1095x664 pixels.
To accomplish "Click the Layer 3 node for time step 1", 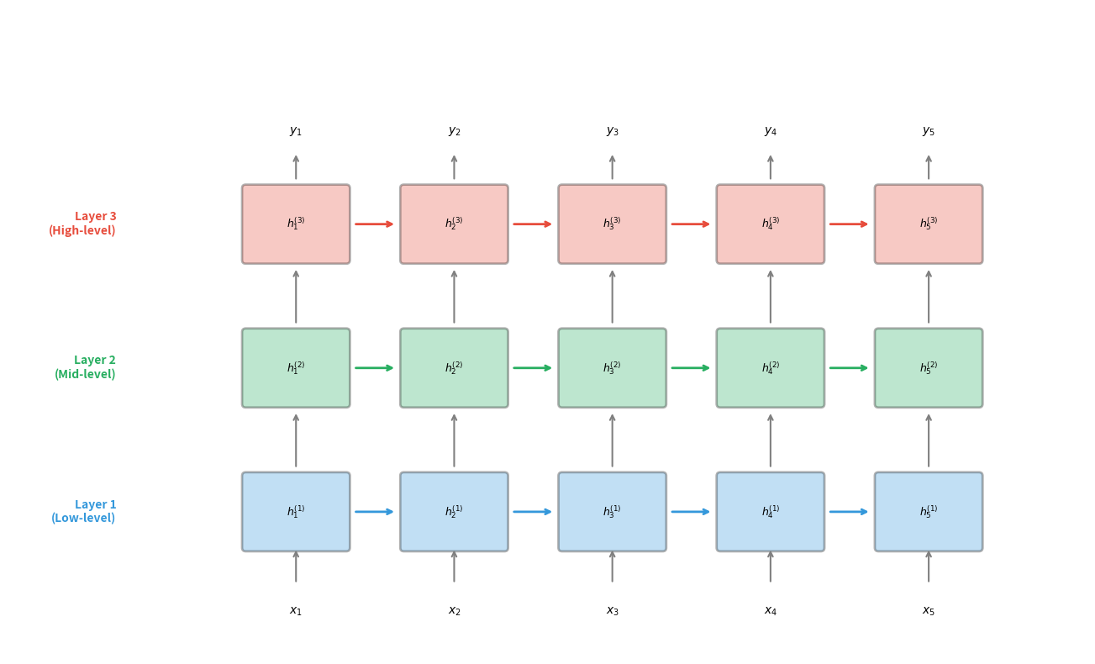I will point(296,224).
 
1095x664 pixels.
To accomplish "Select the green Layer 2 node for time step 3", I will point(612,368).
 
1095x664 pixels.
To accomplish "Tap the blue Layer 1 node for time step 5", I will point(928,512).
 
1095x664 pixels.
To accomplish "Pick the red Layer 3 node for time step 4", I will point(770,224).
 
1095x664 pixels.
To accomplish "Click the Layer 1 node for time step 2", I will point(454,512).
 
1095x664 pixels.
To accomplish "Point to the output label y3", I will point(612,131).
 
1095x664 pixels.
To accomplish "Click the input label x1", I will point(296,611).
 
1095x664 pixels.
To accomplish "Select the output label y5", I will point(928,131).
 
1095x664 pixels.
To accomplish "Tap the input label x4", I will point(770,611).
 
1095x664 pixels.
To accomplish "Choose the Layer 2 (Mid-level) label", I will point(85,367).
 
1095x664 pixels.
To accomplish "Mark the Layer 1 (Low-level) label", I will point(83,511).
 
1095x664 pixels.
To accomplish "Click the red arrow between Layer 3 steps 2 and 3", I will point(533,224).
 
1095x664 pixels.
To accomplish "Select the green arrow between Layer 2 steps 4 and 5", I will point(849,368).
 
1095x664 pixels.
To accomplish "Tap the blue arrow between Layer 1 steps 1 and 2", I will point(375,512).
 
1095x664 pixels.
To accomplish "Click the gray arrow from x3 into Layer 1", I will point(612,567).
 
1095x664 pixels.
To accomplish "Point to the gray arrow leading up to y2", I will point(454,167).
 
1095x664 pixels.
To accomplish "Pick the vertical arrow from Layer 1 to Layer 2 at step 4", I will point(770,440).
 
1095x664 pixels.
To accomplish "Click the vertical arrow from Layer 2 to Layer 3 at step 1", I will point(296,297).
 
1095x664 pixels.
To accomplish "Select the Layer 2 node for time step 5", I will point(928,368).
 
